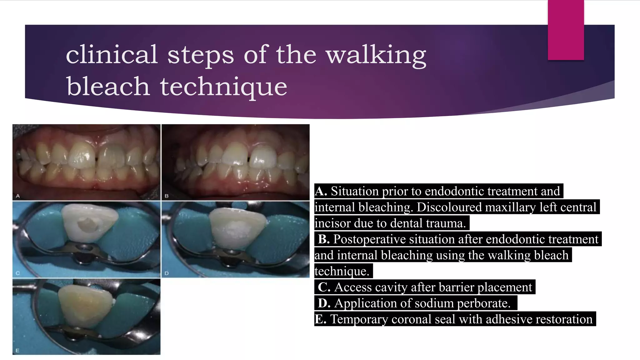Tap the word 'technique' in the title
point(223,87)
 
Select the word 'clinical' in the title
point(112,54)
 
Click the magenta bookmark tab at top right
point(566,30)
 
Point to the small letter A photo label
point(18,196)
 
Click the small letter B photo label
point(167,196)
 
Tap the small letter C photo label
point(18,273)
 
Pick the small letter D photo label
point(167,273)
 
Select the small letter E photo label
point(17,351)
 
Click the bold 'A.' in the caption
point(321,191)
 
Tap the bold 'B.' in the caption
point(324,239)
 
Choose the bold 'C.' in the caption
point(324,287)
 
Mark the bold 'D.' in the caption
point(324,303)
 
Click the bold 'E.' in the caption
point(321,319)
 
